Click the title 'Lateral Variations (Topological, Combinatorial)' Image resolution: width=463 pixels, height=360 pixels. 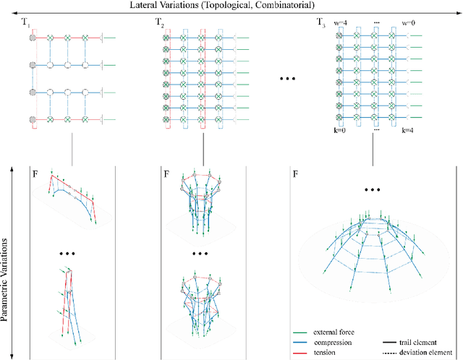(231, 6)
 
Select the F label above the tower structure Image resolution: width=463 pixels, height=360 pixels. (166, 174)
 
